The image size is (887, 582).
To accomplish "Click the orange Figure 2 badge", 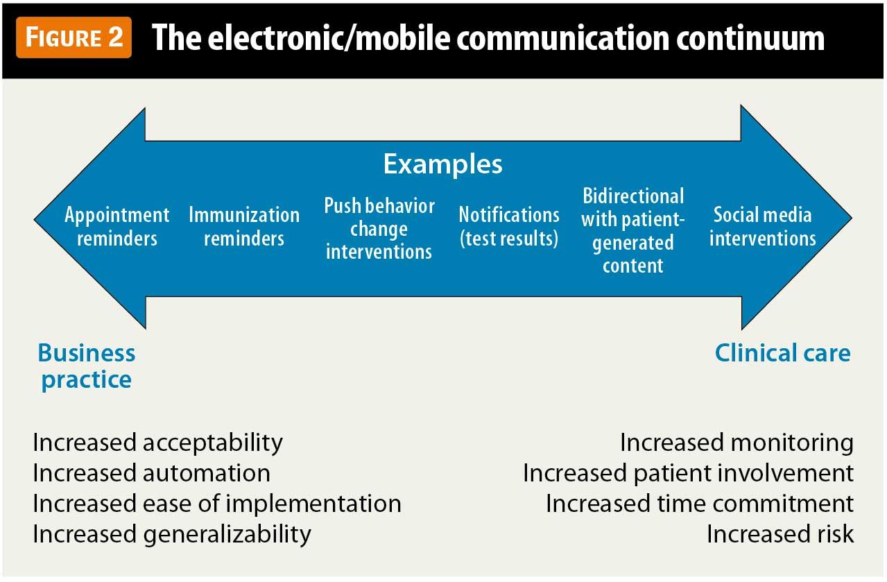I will pos(74,37).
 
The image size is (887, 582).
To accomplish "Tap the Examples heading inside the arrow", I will pos(442,164).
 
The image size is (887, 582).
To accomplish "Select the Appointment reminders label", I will pos(117,227).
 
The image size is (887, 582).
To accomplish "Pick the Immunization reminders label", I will pos(244,227).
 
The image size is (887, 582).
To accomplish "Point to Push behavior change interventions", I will pos(379,229).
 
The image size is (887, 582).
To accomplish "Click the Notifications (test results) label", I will pos(509,227).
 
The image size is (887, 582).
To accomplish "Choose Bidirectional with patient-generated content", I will pos(632,231).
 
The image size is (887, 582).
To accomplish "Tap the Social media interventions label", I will pos(762,227).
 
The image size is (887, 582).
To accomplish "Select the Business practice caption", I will pos(87,366).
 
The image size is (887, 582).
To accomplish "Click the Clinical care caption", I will pos(782,353).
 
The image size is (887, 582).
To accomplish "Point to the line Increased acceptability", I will pos(158,443).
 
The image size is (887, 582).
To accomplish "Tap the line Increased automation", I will pos(152,473).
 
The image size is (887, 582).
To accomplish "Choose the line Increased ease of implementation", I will pos(217,504).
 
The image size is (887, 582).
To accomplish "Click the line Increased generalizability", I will pos(172,534).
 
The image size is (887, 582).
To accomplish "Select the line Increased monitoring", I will pos(737,443).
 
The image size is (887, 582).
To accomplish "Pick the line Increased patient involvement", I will pos(688,473).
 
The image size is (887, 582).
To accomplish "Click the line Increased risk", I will pos(780,534).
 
